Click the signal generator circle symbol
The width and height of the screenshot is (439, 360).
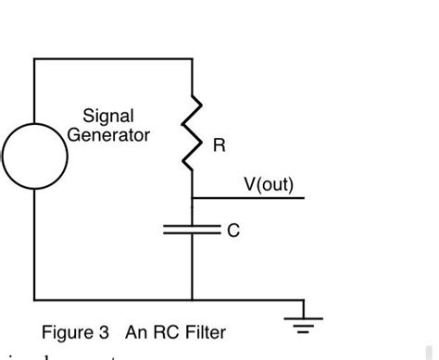(x=34, y=155)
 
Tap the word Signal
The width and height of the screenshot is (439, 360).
(x=108, y=117)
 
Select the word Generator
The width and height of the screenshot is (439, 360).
(x=108, y=135)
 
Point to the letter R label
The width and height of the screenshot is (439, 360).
(x=219, y=146)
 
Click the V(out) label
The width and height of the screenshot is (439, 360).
(x=268, y=185)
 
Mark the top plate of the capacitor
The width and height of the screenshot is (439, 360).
(x=192, y=225)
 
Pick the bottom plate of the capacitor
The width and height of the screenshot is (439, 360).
(x=192, y=234)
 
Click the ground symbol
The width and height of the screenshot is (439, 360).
(x=303, y=319)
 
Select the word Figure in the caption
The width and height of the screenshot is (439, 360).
(x=65, y=332)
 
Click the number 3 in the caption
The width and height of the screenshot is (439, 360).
(x=107, y=332)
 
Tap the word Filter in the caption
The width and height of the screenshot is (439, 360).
(x=205, y=332)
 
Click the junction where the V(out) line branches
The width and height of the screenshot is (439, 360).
(x=192, y=198)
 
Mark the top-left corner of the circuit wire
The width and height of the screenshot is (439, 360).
(x=34, y=59)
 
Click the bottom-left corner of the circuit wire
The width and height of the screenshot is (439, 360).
(x=34, y=300)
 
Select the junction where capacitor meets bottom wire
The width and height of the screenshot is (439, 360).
(x=192, y=300)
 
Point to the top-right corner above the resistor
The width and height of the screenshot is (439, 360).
(x=192, y=59)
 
